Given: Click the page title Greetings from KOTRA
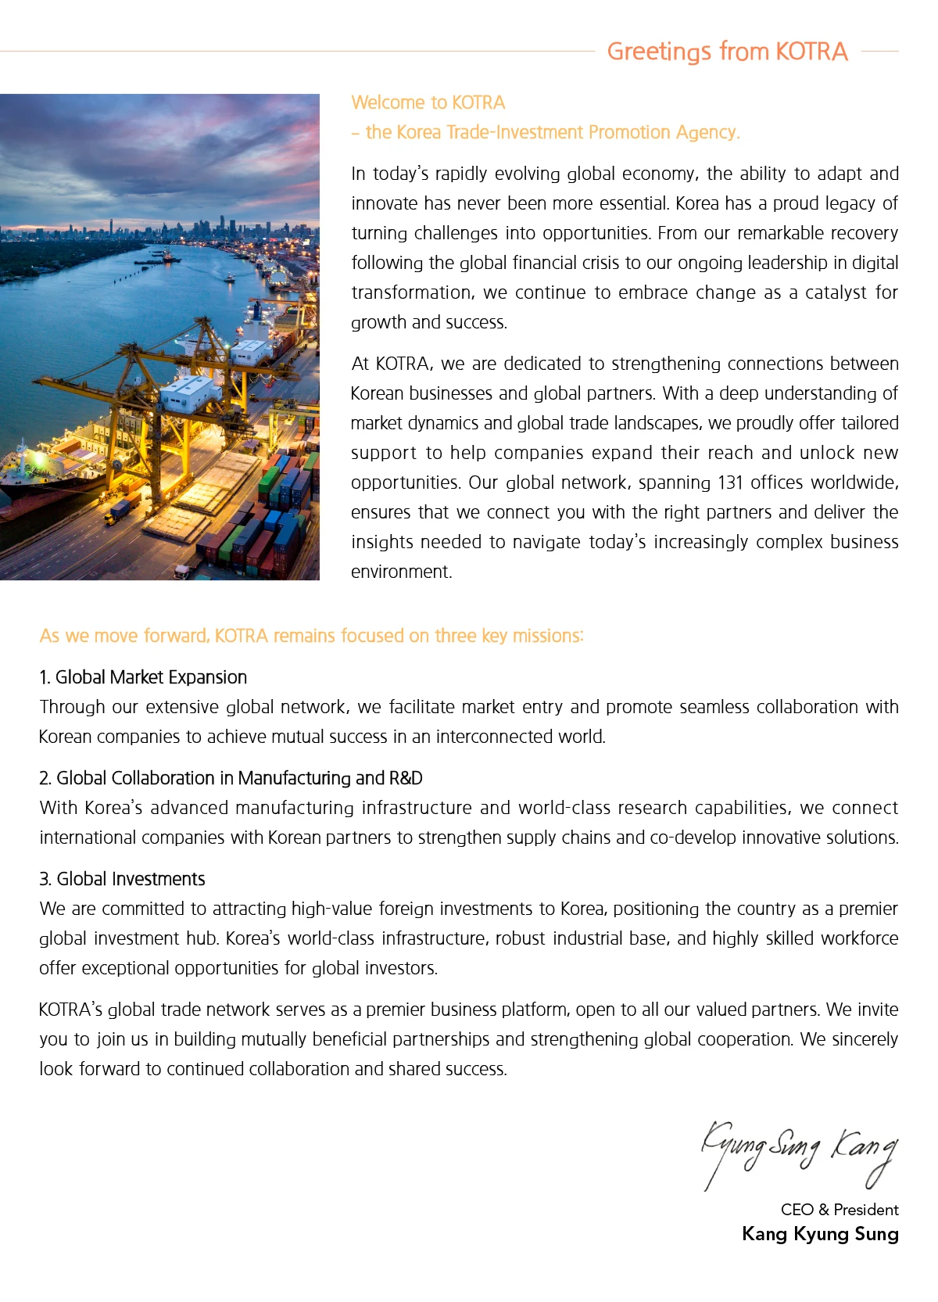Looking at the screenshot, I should (727, 52).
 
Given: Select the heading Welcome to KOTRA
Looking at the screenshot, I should (428, 102).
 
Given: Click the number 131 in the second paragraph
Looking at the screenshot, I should (730, 482).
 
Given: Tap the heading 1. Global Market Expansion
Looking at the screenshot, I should (143, 677).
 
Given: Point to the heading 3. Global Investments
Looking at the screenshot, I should (122, 879).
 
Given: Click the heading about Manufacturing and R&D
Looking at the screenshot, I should (231, 778).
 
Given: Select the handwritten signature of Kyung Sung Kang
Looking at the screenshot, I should (799, 1150).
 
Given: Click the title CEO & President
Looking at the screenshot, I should (839, 1210).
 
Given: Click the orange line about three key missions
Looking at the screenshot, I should (311, 636).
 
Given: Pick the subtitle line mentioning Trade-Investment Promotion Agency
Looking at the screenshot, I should (546, 132).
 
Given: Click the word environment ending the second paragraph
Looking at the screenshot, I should (401, 572).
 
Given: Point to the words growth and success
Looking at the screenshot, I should (428, 322).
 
